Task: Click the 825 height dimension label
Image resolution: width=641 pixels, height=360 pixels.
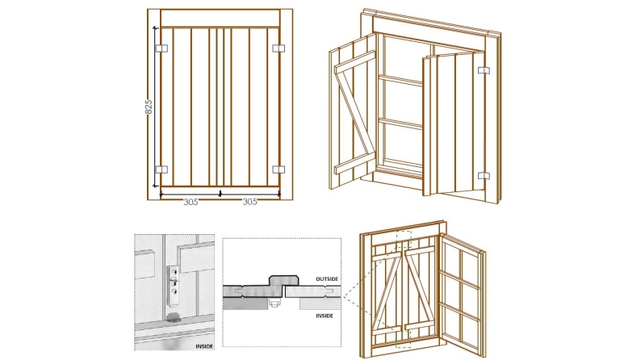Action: (x=149, y=107)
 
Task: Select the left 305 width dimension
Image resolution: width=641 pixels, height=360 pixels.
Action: (x=191, y=203)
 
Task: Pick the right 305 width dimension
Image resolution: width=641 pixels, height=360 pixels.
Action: (x=250, y=203)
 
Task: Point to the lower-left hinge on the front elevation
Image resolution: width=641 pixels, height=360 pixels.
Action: (x=160, y=170)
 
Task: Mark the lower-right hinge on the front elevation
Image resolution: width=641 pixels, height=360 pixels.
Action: (x=279, y=170)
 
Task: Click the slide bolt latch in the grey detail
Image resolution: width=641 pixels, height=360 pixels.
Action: (x=172, y=287)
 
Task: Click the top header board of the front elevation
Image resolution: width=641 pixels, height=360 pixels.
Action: (x=220, y=19)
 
